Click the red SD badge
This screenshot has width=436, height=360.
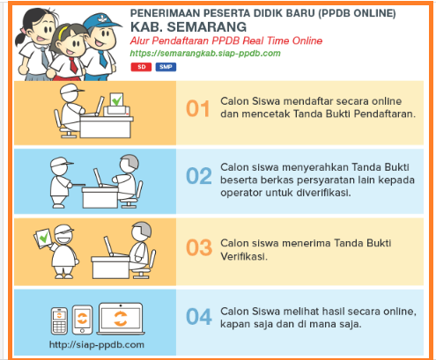141,67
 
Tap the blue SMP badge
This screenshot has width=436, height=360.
166,67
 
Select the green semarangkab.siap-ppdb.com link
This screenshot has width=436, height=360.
205,54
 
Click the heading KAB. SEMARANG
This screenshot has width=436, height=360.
188,27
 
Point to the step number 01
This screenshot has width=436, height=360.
198,109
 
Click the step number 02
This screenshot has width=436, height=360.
199,176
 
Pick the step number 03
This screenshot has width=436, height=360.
199,247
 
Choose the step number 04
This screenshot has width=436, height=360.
199,317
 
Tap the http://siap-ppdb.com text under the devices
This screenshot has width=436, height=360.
97,344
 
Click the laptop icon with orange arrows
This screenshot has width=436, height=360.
121,319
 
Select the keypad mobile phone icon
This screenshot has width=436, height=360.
59,320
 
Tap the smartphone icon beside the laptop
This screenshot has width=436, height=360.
82,320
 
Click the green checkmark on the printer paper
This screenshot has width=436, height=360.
116,100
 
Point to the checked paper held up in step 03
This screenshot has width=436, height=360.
43,238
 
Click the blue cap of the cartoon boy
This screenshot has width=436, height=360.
102,21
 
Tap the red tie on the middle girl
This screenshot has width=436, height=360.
73,65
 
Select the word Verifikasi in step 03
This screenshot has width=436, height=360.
244,257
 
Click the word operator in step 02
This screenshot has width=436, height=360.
241,193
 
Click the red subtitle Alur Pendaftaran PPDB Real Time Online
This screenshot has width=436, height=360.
226,40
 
